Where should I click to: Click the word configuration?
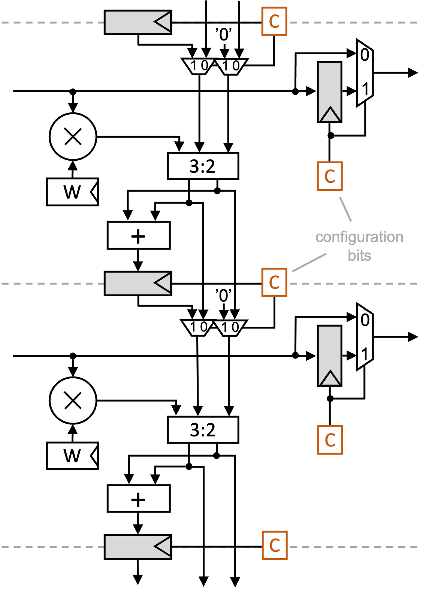tap(359, 237)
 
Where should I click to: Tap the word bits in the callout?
tap(359, 255)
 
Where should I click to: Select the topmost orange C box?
tap(274, 21)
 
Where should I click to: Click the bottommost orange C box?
tap(275, 545)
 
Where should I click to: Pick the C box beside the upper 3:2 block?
tap(330, 176)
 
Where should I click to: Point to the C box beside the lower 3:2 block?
tap(330, 440)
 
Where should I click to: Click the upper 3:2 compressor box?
tap(203, 166)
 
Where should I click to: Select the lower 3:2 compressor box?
tap(203, 430)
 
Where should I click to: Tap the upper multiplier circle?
tap(73, 136)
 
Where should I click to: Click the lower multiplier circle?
tap(73, 400)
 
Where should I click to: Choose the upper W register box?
tap(72, 192)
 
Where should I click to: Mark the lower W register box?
tap(72, 456)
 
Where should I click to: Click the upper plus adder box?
tap(139, 236)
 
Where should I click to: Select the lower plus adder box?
tap(139, 499)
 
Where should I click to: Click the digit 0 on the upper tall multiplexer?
tap(365, 55)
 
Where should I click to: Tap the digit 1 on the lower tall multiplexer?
tap(365, 354)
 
